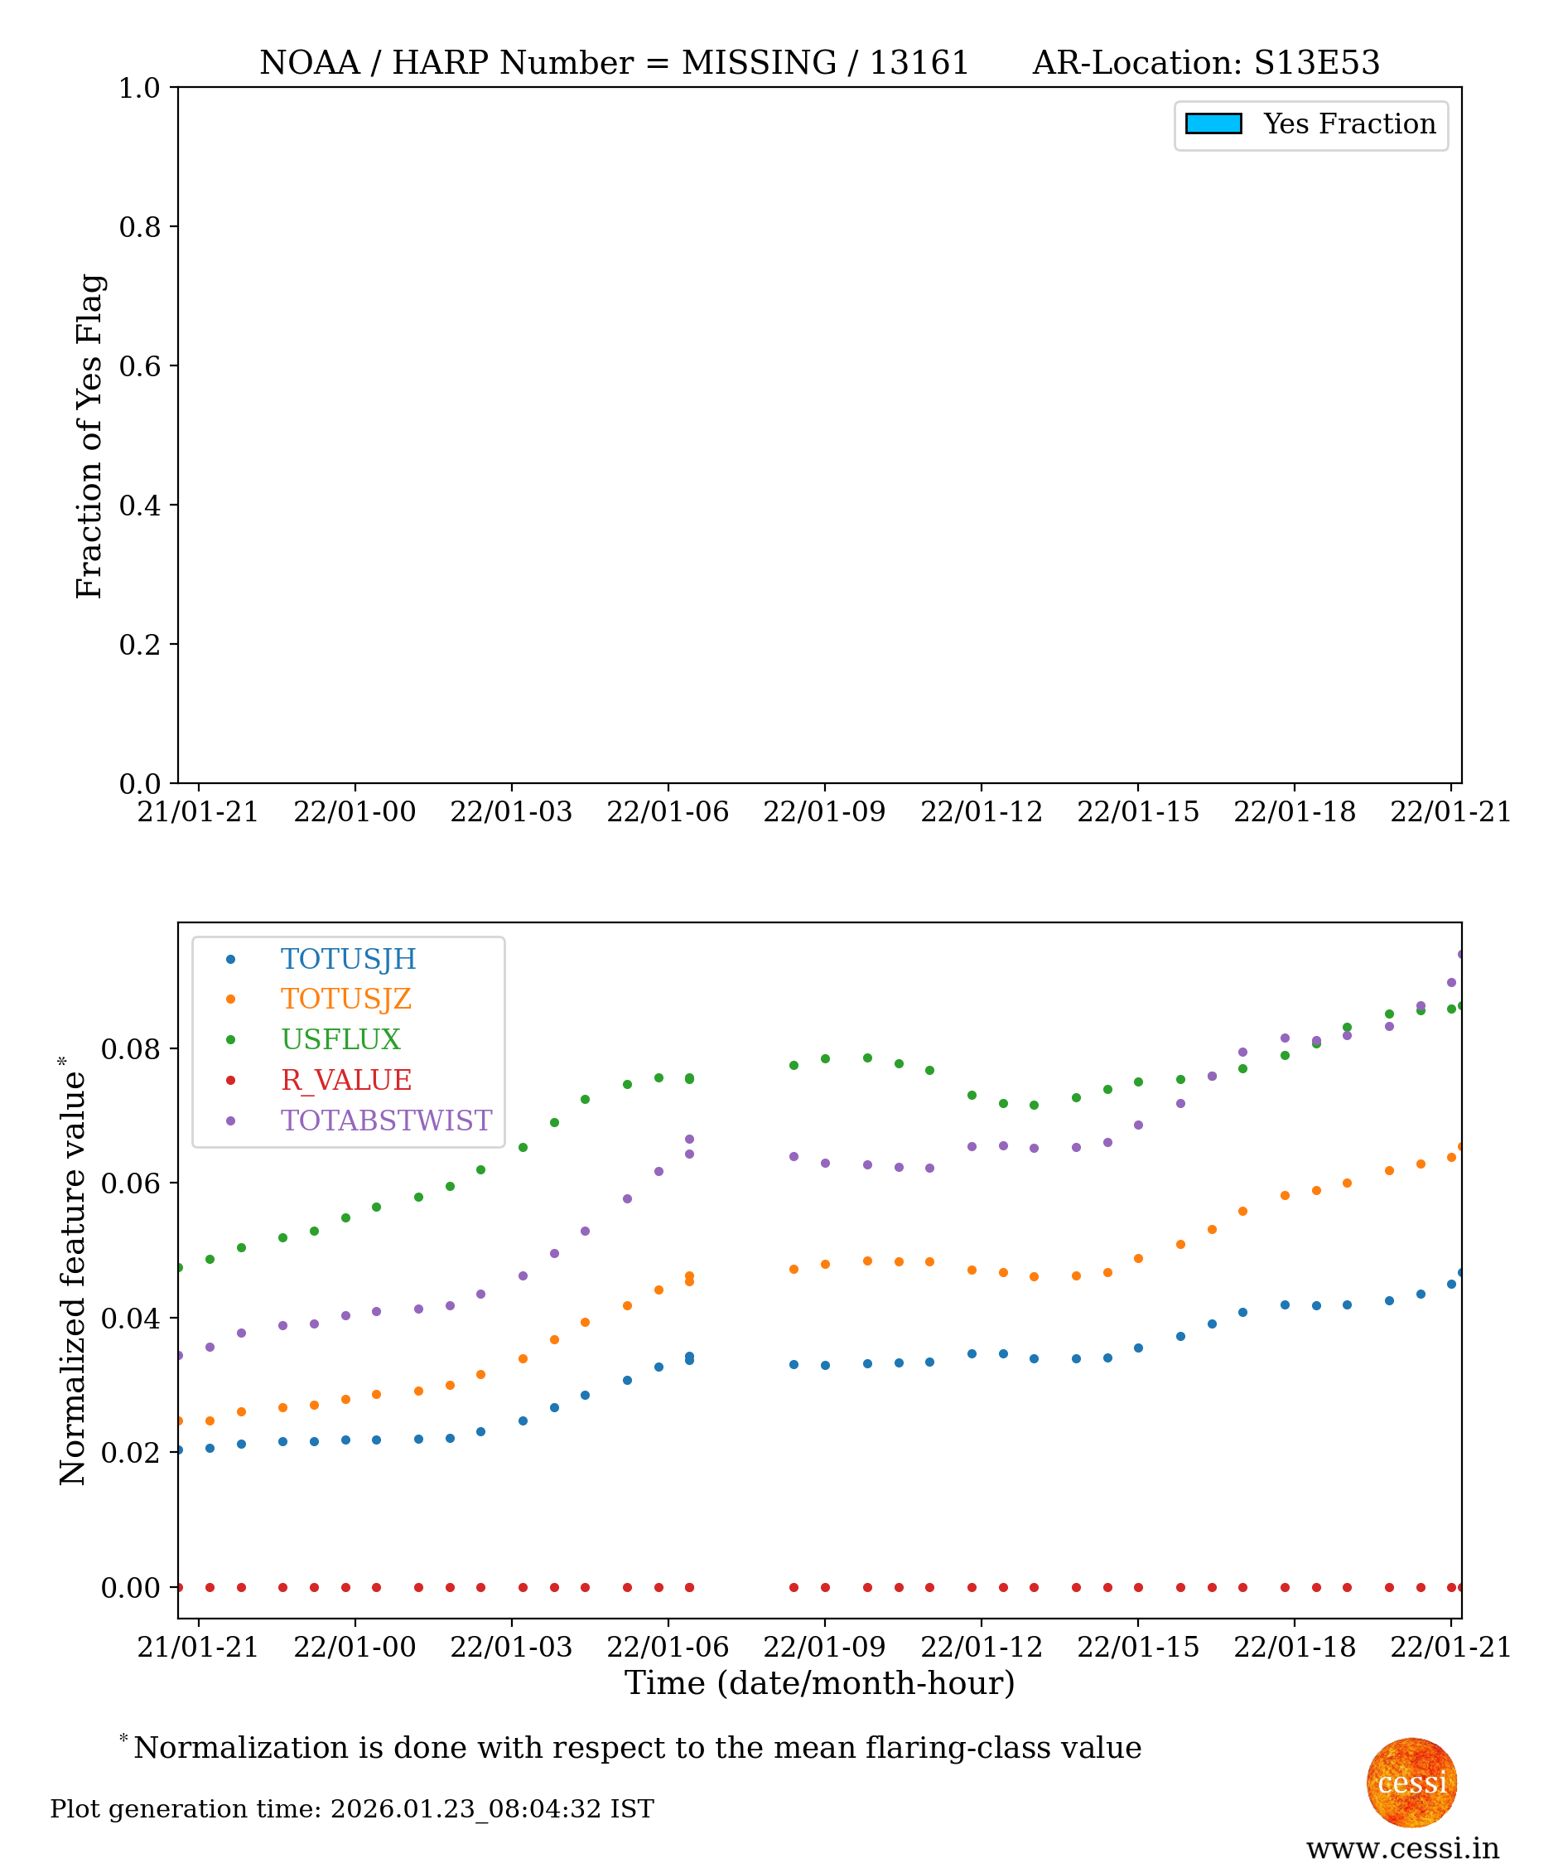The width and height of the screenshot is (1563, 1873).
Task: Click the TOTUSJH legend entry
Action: coord(348,959)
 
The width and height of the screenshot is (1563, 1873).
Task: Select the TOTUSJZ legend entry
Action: coord(346,999)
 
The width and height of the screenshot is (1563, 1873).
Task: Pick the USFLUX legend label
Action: coord(340,1039)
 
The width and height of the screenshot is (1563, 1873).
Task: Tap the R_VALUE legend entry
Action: coord(346,1080)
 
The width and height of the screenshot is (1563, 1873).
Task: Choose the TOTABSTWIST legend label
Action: coord(386,1120)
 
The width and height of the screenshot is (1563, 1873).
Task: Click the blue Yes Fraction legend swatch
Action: coord(1213,124)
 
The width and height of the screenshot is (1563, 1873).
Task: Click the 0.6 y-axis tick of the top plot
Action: coord(139,366)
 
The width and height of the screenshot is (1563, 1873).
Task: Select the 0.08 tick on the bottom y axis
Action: coord(130,1049)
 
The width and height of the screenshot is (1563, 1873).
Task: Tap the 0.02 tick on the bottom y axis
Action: coord(130,1453)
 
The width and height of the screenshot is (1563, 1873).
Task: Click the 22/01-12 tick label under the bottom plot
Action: coord(981,1647)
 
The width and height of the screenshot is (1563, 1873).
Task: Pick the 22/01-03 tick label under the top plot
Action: coord(511,811)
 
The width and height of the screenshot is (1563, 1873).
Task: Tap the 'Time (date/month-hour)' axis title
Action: coord(819,1683)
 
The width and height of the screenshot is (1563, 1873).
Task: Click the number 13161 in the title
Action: coord(919,63)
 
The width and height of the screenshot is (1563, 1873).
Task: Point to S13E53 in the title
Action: coord(1316,63)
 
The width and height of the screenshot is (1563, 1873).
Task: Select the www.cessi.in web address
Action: coord(1402,1849)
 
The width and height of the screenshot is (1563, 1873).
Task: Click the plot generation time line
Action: coord(352,1809)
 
